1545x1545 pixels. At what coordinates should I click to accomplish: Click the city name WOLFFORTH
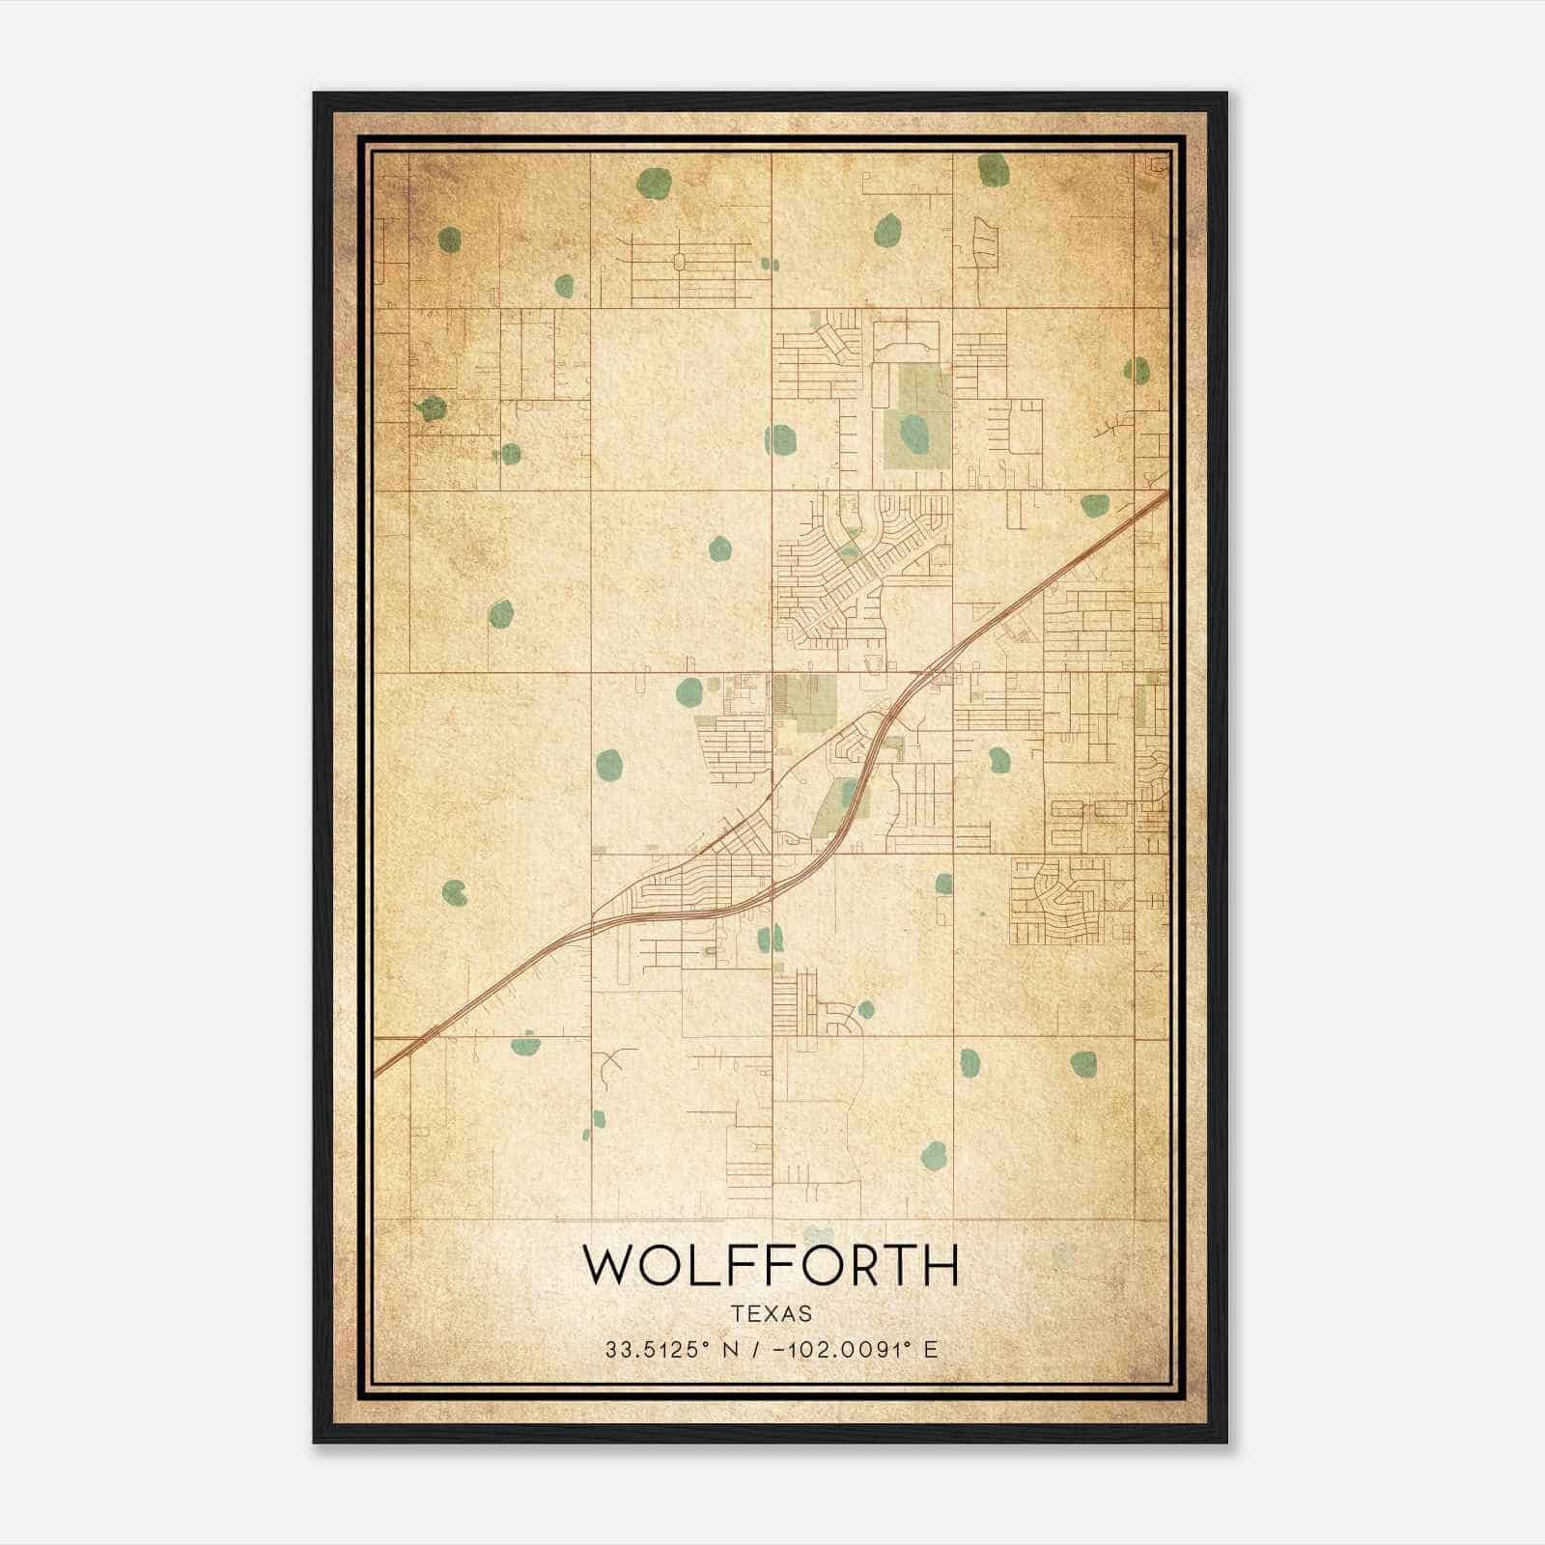coord(771,1265)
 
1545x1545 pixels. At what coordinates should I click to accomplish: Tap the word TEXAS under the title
coord(772,1313)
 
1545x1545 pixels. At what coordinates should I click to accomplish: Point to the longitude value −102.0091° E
coord(856,1349)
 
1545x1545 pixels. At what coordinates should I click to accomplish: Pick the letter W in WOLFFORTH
coord(606,1265)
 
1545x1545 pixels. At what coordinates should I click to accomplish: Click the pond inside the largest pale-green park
coord(913,430)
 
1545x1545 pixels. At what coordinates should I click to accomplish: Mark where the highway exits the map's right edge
coord(1166,495)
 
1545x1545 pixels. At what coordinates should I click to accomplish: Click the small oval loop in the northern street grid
coord(679,261)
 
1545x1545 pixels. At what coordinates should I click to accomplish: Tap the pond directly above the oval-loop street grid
coord(654,181)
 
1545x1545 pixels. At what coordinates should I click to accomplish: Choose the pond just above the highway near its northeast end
coord(1094,505)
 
